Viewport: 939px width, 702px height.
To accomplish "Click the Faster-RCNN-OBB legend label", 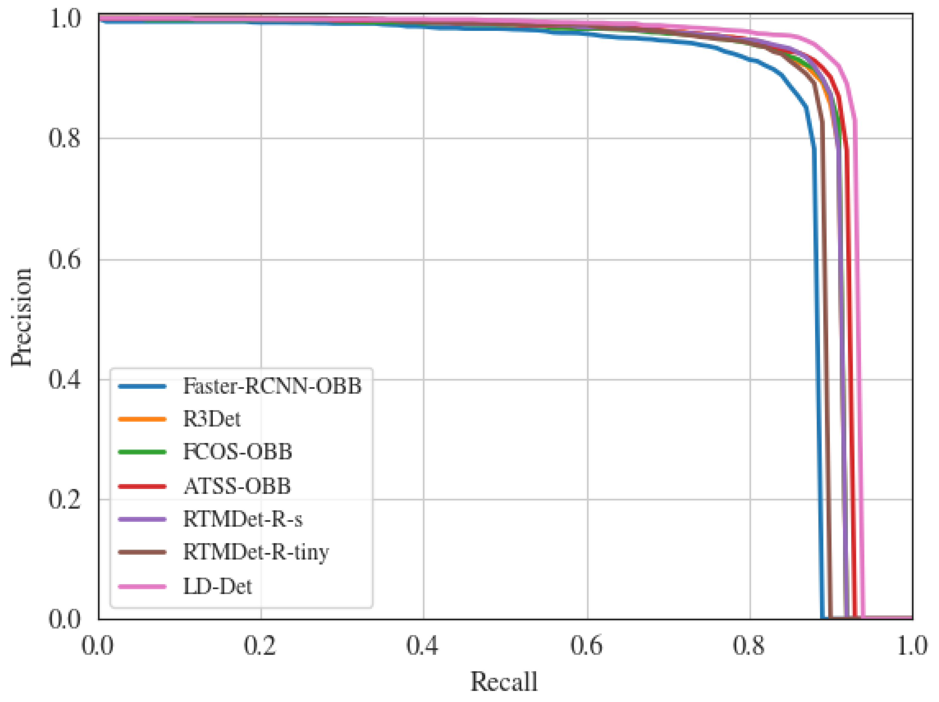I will coord(272,386).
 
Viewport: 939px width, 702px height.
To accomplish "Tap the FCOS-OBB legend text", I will coord(237,451).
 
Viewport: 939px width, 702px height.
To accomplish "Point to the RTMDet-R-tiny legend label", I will coord(256,553).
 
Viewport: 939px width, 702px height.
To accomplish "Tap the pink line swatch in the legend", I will coord(142,587).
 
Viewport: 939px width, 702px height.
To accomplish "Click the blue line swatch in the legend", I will coord(142,386).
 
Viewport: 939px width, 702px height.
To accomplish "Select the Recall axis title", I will coord(504,682).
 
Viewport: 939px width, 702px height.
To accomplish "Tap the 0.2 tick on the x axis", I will coord(260,646).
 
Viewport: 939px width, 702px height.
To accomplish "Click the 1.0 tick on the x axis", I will coord(912,646).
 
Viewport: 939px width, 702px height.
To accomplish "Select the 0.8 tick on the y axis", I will coord(64,138).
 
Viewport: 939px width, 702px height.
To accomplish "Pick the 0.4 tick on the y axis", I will coord(64,379).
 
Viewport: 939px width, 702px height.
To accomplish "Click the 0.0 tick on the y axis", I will coord(64,619).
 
